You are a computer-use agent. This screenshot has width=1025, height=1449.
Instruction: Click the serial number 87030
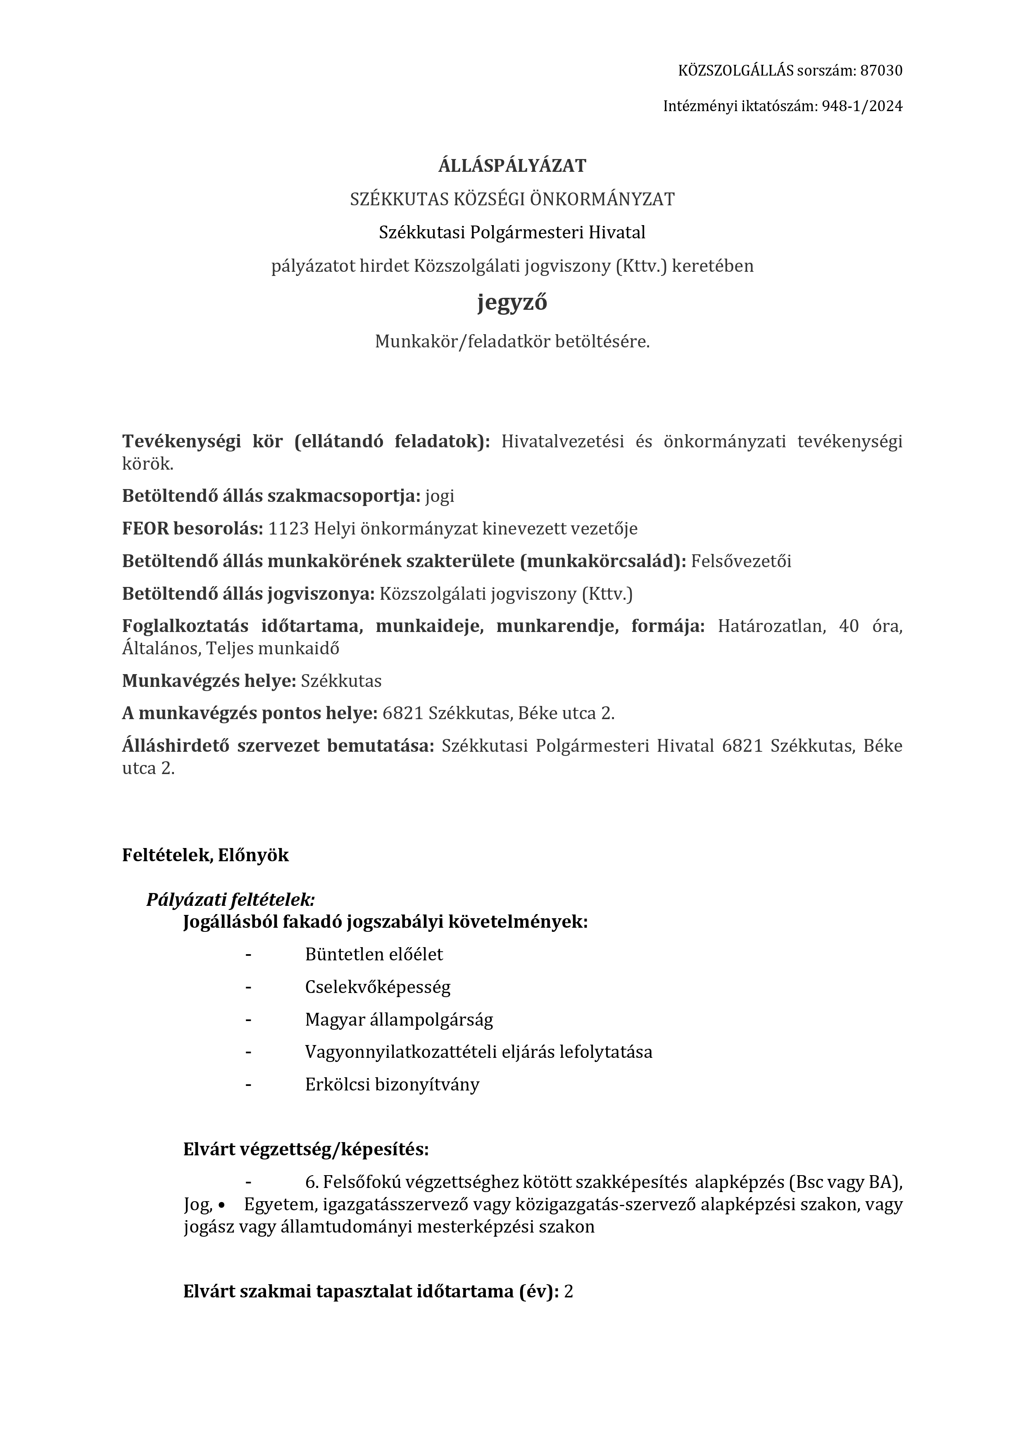pyautogui.click(x=881, y=71)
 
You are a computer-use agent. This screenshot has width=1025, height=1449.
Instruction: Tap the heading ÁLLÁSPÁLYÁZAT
pyautogui.click(x=512, y=166)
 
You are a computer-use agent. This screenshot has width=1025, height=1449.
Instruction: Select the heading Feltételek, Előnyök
pyautogui.click(x=205, y=855)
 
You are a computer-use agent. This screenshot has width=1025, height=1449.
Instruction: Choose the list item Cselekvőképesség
pyautogui.click(x=378, y=987)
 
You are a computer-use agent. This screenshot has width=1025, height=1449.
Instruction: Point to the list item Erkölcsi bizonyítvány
pyautogui.click(x=392, y=1085)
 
